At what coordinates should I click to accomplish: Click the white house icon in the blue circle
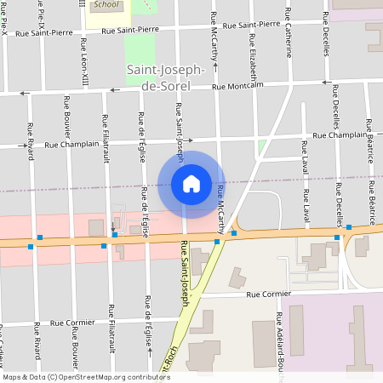point(191,183)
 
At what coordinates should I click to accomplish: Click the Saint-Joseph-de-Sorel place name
point(165,76)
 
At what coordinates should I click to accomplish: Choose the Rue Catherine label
point(289,42)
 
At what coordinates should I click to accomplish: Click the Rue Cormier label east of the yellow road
point(269,294)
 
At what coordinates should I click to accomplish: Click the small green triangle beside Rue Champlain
point(262,146)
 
